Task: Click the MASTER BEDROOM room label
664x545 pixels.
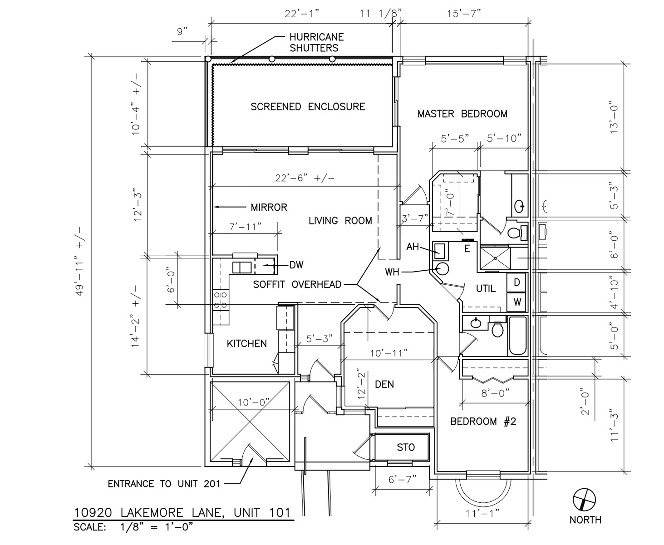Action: [462, 114]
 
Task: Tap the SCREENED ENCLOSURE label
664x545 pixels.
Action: [308, 107]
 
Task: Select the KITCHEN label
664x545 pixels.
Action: [246, 343]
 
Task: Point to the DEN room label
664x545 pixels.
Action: [384, 384]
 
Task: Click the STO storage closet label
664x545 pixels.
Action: [406, 447]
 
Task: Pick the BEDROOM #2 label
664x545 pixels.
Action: [483, 421]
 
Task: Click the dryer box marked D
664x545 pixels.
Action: [516, 282]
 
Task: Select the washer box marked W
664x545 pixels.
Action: [516, 302]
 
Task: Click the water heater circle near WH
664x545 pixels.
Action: [443, 269]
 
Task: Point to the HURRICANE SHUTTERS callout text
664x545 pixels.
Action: [316, 43]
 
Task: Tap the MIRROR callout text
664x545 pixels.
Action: [269, 207]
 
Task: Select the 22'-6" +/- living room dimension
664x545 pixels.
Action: [305, 178]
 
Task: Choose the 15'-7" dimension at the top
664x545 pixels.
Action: [464, 14]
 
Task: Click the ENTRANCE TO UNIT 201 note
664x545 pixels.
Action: [164, 484]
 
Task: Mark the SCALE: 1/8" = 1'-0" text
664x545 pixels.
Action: [133, 527]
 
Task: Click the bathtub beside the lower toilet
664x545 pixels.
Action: [517, 336]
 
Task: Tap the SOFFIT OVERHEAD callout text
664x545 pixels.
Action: [297, 284]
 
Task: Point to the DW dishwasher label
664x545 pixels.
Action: [296, 265]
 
